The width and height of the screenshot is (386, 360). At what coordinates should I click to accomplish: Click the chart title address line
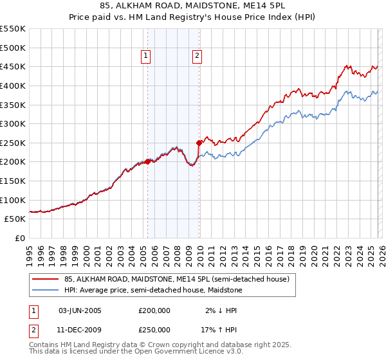pos(193,6)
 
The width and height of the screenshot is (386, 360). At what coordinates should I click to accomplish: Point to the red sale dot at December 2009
pos(199,143)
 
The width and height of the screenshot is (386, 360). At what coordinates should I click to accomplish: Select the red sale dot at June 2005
pos(147,162)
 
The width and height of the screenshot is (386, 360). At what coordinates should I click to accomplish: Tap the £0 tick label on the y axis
pos(20,238)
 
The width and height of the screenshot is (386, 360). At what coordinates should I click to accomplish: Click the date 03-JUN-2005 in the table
pos(80,310)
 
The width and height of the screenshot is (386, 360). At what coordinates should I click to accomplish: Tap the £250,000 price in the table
pos(154,330)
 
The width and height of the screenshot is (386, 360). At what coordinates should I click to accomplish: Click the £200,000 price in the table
pos(154,310)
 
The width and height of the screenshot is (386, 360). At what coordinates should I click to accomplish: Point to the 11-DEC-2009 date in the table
pos(80,330)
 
